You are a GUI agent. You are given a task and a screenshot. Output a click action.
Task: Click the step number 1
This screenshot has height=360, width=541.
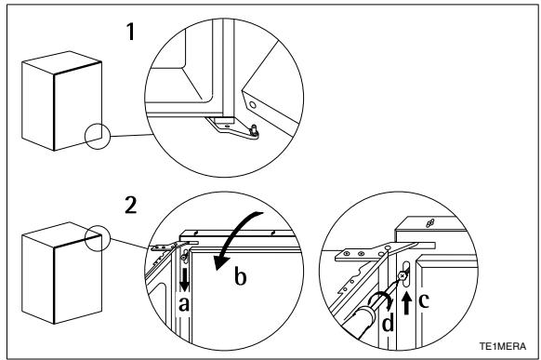(130, 32)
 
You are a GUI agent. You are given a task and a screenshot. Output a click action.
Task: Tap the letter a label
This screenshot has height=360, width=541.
(183, 304)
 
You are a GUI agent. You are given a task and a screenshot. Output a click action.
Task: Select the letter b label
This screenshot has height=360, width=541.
(240, 276)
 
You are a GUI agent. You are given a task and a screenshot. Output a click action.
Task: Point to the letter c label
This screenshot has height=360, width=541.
(424, 300)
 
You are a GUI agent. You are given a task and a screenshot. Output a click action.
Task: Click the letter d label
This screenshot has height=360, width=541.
(389, 323)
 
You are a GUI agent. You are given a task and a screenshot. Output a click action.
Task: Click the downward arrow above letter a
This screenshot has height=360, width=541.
(185, 280)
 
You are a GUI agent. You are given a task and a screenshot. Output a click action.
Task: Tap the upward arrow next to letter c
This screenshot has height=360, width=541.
(407, 302)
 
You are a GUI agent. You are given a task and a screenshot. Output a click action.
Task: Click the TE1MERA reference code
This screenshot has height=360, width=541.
(503, 346)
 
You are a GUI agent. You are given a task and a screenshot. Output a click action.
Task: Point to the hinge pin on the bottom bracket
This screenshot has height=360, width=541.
(255, 130)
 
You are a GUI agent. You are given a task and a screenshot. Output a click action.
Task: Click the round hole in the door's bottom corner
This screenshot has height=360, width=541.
(253, 105)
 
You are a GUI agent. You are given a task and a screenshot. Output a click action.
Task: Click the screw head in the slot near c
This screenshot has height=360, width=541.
(402, 275)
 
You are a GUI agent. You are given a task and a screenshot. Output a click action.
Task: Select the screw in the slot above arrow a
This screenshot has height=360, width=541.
(184, 257)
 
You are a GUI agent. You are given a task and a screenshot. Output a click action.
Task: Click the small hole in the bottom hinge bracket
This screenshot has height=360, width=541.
(227, 127)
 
